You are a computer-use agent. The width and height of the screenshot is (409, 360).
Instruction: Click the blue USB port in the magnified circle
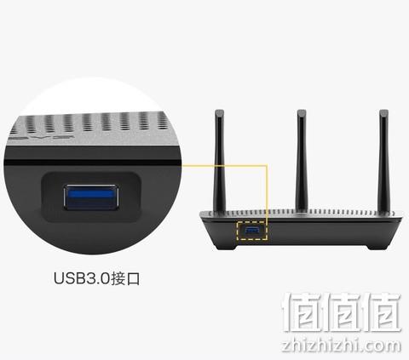click(91, 197)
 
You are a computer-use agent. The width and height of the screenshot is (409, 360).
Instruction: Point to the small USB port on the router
click(252, 231)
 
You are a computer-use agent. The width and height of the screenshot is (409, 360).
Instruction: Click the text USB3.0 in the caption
click(82, 278)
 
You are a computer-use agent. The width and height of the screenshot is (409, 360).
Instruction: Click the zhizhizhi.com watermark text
click(342, 346)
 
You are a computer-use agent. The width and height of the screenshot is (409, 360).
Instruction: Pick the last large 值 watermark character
click(381, 312)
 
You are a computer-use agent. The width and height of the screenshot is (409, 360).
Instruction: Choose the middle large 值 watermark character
click(342, 312)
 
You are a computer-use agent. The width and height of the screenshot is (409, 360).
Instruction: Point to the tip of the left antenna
click(219, 110)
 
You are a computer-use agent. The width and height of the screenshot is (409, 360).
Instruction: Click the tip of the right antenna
click(383, 110)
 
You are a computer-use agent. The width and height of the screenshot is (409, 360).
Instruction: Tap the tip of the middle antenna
click(302, 110)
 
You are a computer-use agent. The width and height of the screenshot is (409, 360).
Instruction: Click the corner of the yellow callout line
click(267, 164)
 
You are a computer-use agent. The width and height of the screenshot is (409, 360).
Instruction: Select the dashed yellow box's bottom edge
click(252, 239)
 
